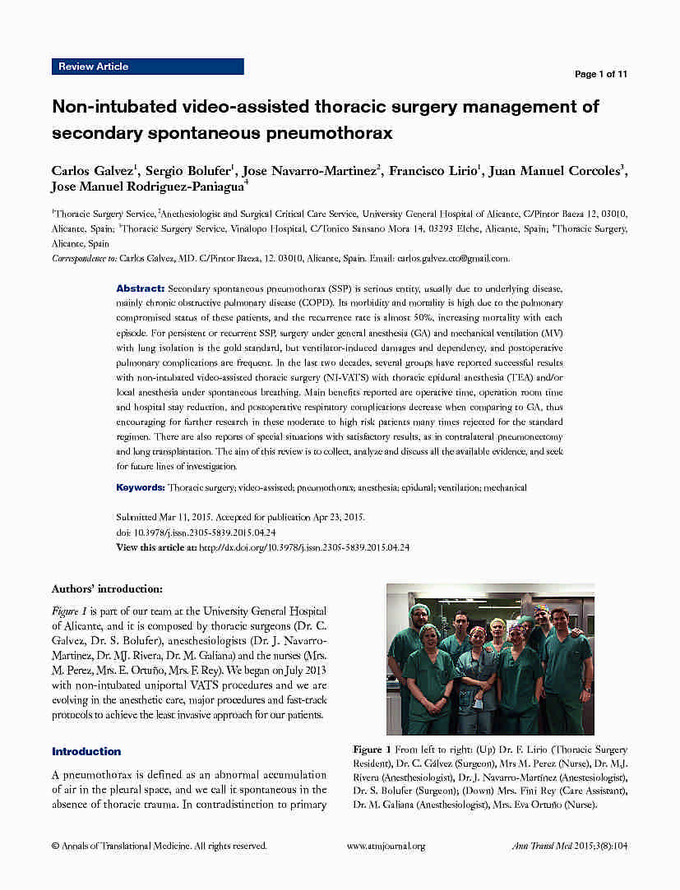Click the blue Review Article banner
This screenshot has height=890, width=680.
tap(148, 67)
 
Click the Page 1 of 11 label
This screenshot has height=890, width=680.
tap(600, 74)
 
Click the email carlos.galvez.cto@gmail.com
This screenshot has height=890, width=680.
tap(453, 258)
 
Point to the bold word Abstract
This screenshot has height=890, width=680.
tap(140, 289)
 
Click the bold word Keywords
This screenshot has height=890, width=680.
tap(141, 487)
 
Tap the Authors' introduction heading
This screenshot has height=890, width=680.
tap(107, 589)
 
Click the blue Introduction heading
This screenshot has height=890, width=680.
tap(86, 751)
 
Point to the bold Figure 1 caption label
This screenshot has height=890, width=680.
tap(372, 749)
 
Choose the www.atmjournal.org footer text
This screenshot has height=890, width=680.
tap(386, 846)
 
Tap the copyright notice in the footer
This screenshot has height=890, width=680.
tap(159, 846)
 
